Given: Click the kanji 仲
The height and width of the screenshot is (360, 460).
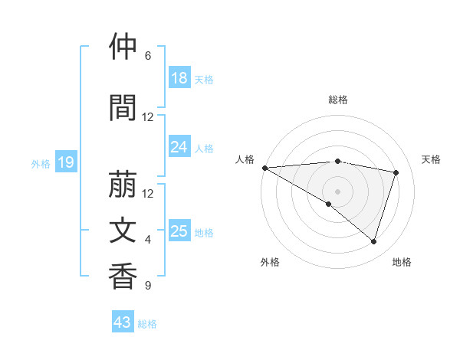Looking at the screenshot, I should pyautogui.click(x=123, y=47).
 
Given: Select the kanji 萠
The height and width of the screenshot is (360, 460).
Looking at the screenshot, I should pyautogui.click(x=123, y=185).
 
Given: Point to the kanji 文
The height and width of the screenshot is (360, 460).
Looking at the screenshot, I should pyautogui.click(x=123, y=231).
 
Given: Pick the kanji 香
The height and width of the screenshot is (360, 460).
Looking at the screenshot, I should pyautogui.click(x=123, y=277).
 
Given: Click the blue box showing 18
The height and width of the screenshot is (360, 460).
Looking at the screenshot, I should pyautogui.click(x=179, y=78).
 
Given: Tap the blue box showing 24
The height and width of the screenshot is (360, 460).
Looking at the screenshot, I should pyautogui.click(x=179, y=147).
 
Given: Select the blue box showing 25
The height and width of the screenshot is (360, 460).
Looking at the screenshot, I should pyautogui.click(x=179, y=231).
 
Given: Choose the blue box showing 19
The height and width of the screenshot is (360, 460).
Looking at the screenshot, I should pyautogui.click(x=66, y=162).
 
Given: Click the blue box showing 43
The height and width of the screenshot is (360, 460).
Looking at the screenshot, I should pyautogui.click(x=123, y=322).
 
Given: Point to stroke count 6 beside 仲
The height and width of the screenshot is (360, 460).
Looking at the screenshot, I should pyautogui.click(x=148, y=56).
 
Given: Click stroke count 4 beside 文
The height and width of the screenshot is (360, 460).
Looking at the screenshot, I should pyautogui.click(x=148, y=240).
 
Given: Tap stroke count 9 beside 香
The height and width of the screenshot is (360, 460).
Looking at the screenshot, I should pyautogui.click(x=148, y=286).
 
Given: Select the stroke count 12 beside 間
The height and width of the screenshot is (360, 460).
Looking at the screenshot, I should pyautogui.click(x=148, y=117).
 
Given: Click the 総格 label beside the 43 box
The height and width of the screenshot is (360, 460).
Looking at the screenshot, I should pyautogui.click(x=147, y=324).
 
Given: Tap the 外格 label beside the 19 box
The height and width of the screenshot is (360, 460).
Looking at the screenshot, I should pyautogui.click(x=41, y=163).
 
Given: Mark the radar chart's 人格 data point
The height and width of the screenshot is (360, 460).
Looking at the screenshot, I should pyautogui.click(x=264, y=168).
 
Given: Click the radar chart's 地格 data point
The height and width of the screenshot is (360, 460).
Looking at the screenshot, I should pyautogui.click(x=373, y=241).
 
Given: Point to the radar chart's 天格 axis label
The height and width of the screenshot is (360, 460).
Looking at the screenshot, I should pyautogui.click(x=431, y=159).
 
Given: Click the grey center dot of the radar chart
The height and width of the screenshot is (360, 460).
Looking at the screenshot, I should pyautogui.click(x=337, y=190).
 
